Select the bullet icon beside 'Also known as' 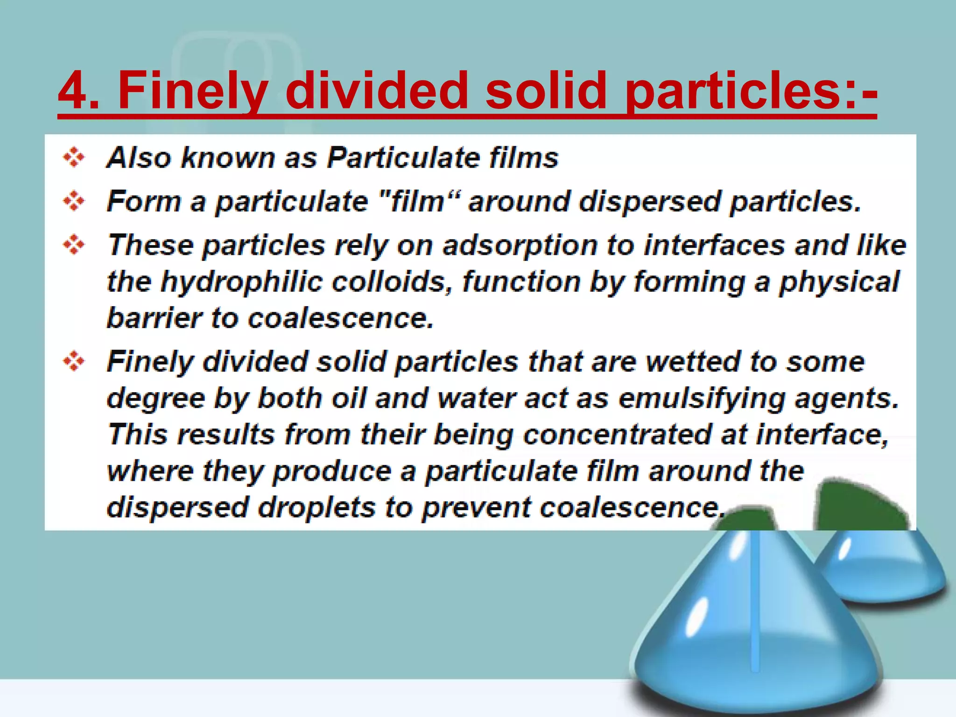(x=74, y=157)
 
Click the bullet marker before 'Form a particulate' (x=74, y=201)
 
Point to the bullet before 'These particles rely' (x=74, y=245)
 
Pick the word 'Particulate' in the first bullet (x=403, y=157)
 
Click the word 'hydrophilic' (x=241, y=282)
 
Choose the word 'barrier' (x=155, y=318)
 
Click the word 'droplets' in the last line (x=316, y=507)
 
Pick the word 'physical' (x=839, y=282)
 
